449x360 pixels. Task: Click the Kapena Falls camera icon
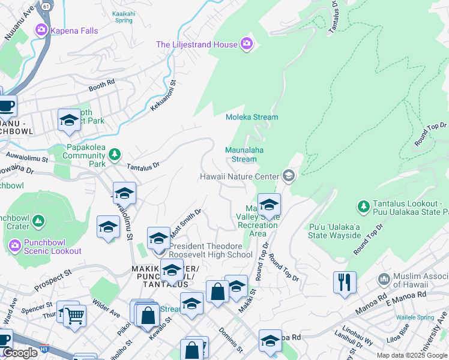pos(41,29)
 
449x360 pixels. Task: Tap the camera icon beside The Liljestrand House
pos(247,43)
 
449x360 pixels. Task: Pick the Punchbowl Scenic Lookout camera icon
pos(16,244)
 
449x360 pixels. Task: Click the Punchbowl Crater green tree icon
pos(38,221)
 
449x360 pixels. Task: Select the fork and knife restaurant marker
pos(345,282)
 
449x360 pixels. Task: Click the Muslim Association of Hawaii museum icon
pos(384,280)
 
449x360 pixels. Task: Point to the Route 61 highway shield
pos(46,5)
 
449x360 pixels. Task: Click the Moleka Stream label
pos(252,117)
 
